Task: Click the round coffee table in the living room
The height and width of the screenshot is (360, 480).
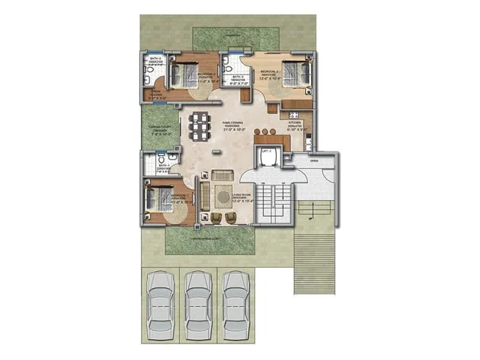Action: click(x=223, y=196)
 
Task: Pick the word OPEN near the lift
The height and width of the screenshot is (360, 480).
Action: click(x=313, y=161)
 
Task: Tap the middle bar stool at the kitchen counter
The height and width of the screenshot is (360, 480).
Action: click(x=265, y=130)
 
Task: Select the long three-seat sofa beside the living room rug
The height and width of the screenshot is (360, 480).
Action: click(x=205, y=195)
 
